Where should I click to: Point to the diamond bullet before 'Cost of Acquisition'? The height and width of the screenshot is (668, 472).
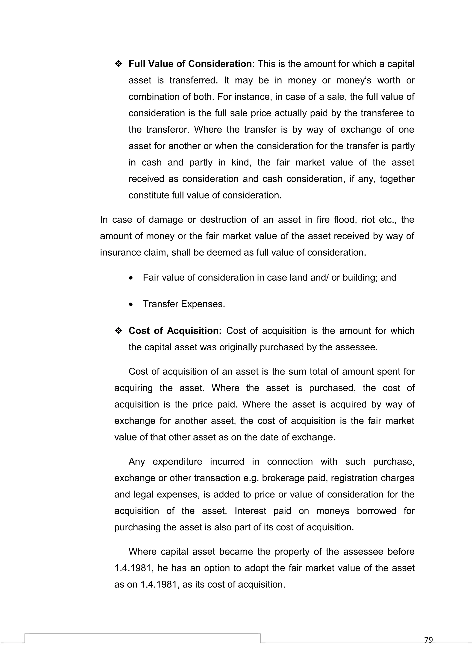click(119, 331)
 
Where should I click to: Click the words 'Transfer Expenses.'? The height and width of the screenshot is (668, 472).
click(184, 304)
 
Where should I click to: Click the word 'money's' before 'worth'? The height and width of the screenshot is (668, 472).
click(354, 80)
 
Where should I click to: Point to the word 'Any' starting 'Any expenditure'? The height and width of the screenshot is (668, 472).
click(136, 462)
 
